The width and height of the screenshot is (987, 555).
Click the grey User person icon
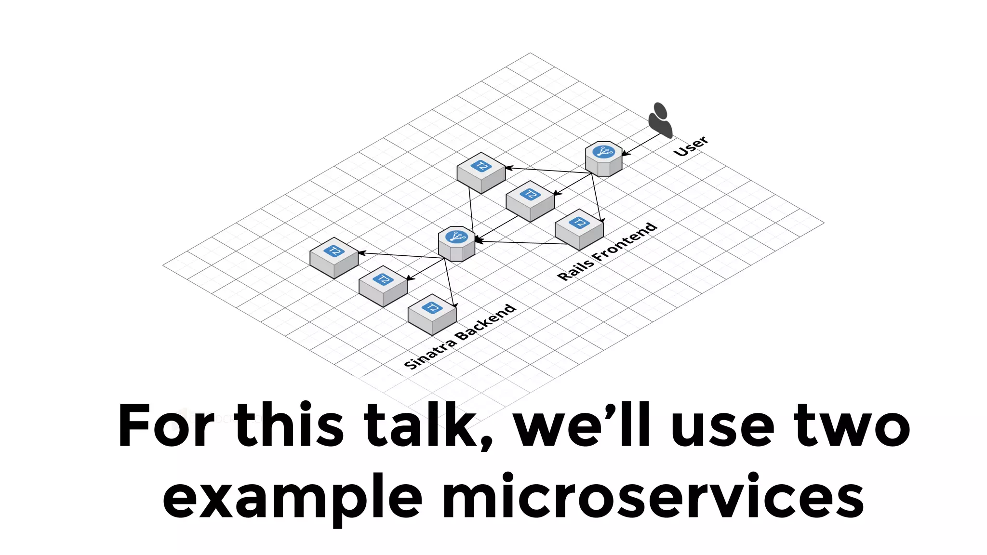(x=660, y=120)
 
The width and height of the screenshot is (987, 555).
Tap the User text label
(x=691, y=146)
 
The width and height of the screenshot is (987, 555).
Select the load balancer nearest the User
(x=603, y=159)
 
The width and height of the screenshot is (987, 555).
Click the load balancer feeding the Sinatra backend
(x=456, y=243)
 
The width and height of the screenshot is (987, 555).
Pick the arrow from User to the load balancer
(x=641, y=144)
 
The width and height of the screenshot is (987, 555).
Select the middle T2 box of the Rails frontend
(x=530, y=201)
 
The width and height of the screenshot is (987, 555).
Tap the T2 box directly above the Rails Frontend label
(x=579, y=229)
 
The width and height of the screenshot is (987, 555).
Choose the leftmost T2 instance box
(x=334, y=258)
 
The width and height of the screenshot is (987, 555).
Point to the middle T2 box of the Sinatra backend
(x=383, y=286)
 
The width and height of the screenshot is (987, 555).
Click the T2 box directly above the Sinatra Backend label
(x=432, y=314)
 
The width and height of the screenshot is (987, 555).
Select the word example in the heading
(x=292, y=496)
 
